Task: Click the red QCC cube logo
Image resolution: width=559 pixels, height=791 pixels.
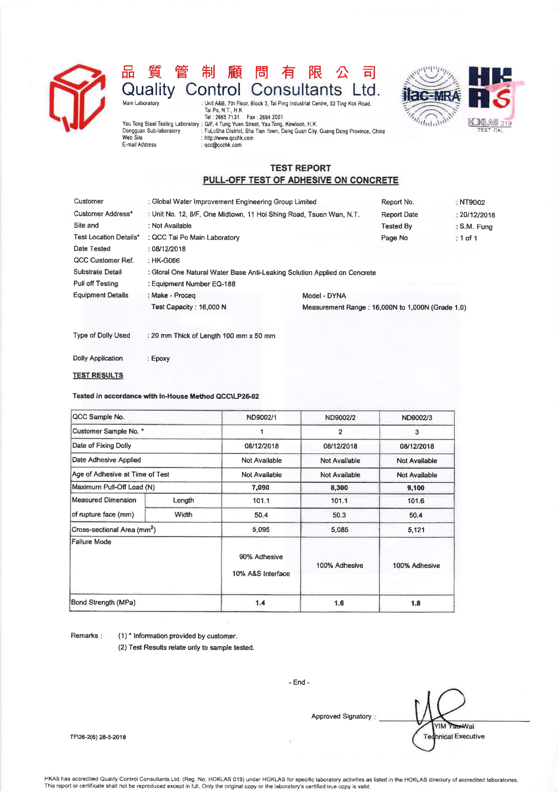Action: pos(77,97)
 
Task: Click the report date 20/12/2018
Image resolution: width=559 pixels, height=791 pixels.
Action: pos(477,215)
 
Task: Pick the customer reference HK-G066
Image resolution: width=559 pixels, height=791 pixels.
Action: pos(166,261)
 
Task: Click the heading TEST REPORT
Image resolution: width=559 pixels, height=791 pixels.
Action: pos(300,168)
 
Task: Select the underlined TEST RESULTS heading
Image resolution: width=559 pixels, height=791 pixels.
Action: pos(98,375)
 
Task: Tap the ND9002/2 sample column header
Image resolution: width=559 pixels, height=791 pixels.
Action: pos(340,417)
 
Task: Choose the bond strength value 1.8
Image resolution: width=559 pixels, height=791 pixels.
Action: pos(415,603)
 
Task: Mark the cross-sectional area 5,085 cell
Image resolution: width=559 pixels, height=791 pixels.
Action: pos(339,529)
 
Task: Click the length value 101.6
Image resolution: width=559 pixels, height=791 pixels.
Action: pos(415,501)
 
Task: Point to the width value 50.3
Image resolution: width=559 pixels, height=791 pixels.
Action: pos(339,515)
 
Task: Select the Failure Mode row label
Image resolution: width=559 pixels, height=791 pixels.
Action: pos(91,542)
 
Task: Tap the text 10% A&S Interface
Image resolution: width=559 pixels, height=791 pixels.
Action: pos(261,573)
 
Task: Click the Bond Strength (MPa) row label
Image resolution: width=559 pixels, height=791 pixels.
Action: pos(103,602)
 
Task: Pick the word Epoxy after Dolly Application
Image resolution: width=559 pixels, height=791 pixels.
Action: pos(160,358)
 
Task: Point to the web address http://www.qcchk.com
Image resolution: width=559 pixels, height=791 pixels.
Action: pos(228,138)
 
